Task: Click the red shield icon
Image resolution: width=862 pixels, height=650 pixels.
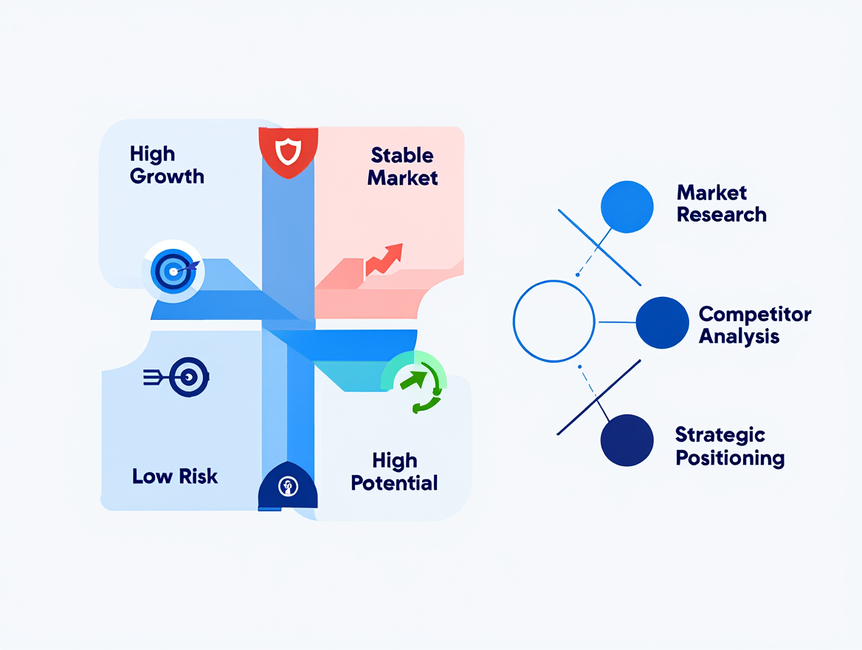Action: click(x=288, y=153)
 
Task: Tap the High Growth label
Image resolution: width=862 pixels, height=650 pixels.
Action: click(x=167, y=165)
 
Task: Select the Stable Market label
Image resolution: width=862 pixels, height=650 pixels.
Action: click(x=402, y=166)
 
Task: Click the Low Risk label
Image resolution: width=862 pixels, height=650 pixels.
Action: click(x=175, y=476)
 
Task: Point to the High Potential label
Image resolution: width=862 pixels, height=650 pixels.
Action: click(x=394, y=472)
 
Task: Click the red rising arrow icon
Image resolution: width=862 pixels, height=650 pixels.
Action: click(x=384, y=259)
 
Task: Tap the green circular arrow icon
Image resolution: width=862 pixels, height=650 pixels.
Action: click(x=416, y=383)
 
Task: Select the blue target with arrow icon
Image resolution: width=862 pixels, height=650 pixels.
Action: click(x=174, y=271)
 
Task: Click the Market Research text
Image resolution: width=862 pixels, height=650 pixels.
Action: click(x=721, y=204)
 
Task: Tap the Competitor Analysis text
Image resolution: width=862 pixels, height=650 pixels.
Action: click(x=754, y=325)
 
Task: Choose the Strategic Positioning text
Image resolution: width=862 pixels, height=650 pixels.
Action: click(x=729, y=446)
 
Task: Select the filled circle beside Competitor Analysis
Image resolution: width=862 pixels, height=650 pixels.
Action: click(x=662, y=323)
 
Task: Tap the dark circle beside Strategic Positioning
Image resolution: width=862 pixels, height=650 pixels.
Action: click(x=627, y=440)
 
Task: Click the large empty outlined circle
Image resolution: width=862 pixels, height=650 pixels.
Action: click(x=554, y=321)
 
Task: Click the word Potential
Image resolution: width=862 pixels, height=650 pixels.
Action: click(x=394, y=483)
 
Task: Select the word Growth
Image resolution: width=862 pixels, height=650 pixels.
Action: click(x=167, y=176)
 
